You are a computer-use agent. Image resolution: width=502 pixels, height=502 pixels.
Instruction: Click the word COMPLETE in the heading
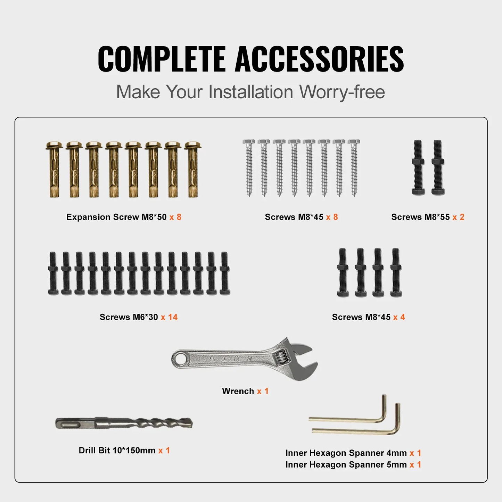pyautogui.click(x=162, y=59)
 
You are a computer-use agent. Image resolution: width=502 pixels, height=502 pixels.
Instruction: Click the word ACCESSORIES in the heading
pyautogui.click(x=319, y=59)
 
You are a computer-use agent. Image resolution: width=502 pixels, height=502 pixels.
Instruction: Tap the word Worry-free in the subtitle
pyautogui.click(x=342, y=92)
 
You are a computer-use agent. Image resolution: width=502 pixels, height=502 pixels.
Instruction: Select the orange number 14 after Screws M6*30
pyautogui.click(x=173, y=317)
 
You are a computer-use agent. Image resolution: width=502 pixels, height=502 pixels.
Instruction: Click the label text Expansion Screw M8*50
pyautogui.click(x=116, y=217)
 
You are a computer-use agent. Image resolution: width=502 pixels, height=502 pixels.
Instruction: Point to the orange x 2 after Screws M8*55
pyautogui.click(x=458, y=217)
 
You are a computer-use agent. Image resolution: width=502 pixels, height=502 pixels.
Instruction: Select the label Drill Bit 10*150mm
pyautogui.click(x=117, y=451)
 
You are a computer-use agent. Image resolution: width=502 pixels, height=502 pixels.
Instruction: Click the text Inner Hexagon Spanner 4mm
pyautogui.click(x=346, y=453)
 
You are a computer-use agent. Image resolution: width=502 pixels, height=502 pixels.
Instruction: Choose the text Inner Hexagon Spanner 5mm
pyautogui.click(x=346, y=465)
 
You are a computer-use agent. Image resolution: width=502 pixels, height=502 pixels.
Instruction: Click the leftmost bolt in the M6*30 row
pyautogui.click(x=53, y=273)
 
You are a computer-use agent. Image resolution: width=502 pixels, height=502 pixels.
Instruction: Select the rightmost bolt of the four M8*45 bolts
pyautogui.click(x=396, y=272)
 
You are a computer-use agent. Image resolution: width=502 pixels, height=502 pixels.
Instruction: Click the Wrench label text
pyautogui.click(x=238, y=391)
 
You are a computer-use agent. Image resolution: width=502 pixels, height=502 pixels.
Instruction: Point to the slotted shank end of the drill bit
pyautogui.click(x=69, y=423)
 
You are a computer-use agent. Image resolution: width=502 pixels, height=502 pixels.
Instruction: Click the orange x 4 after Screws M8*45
pyautogui.click(x=399, y=317)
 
